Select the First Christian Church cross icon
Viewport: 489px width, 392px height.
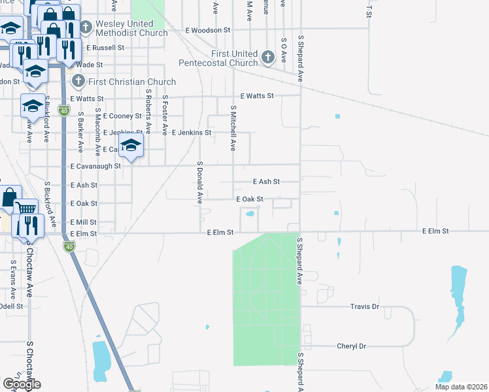(x=78, y=82)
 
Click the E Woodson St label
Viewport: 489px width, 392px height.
(x=208, y=30)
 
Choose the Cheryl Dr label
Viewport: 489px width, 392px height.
(x=351, y=346)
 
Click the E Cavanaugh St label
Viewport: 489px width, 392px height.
(x=95, y=166)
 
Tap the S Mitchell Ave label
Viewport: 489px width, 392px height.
(x=232, y=128)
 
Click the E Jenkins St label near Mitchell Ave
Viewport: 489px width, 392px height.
(x=192, y=132)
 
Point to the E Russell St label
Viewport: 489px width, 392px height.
(x=105, y=48)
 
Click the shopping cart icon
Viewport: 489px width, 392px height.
(x=25, y=208)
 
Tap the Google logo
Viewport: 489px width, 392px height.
(x=22, y=384)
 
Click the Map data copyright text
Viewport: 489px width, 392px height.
(x=461, y=387)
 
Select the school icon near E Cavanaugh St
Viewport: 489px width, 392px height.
(x=131, y=148)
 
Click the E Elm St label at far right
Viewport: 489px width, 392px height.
(x=435, y=231)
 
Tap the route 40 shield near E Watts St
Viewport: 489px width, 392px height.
(x=63, y=110)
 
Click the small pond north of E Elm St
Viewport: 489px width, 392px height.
(x=249, y=213)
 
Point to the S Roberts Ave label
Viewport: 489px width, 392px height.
(x=149, y=112)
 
